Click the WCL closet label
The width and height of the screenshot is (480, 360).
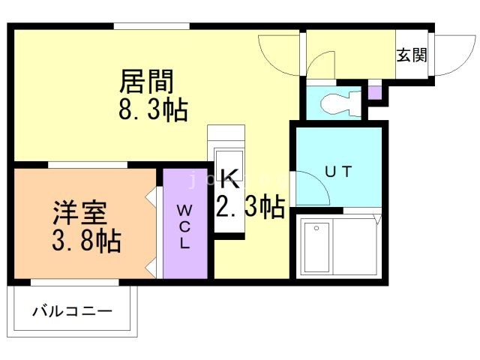point(184,226)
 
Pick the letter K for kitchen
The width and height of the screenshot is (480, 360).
point(229,178)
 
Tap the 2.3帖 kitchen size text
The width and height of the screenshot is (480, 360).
point(250,206)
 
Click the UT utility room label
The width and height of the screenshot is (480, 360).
point(337,171)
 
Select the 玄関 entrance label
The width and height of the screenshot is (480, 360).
point(412,55)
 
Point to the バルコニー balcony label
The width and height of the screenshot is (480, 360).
point(72,310)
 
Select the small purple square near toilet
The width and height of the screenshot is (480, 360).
point(374,94)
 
